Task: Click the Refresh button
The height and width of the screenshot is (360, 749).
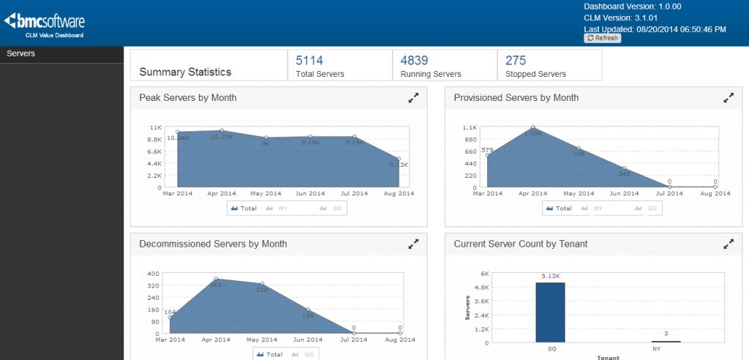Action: point(602,38)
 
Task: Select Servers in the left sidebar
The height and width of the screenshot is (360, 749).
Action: point(21,53)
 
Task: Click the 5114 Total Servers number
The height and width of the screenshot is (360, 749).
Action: point(309,61)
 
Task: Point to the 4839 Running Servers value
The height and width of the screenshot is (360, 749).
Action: point(415,61)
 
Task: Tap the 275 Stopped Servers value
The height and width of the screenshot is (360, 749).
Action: point(516,61)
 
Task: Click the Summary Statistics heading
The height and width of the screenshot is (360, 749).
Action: point(185,72)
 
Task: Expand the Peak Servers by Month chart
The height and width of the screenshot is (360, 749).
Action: point(413,97)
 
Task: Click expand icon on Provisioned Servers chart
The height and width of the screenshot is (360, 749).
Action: point(728,97)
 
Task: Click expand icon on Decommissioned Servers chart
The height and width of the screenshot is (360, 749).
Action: point(413,244)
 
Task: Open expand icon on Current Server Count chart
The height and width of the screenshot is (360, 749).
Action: point(728,244)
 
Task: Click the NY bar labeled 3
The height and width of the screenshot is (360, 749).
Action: point(666,341)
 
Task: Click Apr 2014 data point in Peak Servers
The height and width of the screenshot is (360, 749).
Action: point(222,130)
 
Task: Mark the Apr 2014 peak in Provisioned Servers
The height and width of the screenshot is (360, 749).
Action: point(533,128)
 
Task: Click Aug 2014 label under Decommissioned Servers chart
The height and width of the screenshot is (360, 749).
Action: point(400,340)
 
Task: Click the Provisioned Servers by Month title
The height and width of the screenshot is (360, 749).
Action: point(516,97)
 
